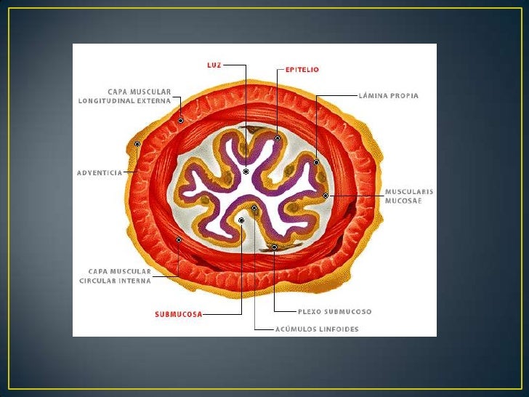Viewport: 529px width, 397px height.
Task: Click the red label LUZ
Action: (x=214, y=64)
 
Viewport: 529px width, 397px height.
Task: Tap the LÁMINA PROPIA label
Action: (x=389, y=96)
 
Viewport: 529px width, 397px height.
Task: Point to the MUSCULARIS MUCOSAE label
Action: (x=408, y=196)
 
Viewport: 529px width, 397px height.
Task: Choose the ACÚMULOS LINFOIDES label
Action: (x=317, y=329)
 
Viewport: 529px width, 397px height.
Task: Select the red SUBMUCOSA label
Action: (x=178, y=315)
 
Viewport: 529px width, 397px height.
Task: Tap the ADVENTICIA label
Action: (x=99, y=173)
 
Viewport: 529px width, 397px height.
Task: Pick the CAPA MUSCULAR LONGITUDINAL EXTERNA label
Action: (x=124, y=97)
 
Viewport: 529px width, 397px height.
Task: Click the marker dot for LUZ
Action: (x=246, y=172)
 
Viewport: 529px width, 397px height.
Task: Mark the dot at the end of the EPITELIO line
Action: (x=278, y=137)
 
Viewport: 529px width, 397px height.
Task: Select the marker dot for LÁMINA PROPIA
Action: (x=317, y=162)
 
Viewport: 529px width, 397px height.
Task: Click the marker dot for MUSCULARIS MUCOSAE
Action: (x=326, y=196)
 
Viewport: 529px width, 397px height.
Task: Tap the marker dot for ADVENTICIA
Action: (x=137, y=144)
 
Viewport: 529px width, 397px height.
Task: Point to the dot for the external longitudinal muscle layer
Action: (x=181, y=120)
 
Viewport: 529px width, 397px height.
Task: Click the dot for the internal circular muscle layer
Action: (x=179, y=239)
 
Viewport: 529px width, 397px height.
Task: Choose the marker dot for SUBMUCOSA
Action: (x=241, y=220)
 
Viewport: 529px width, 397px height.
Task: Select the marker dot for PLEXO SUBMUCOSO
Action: (x=275, y=247)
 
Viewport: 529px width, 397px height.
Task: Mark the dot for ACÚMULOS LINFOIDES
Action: (x=254, y=208)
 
